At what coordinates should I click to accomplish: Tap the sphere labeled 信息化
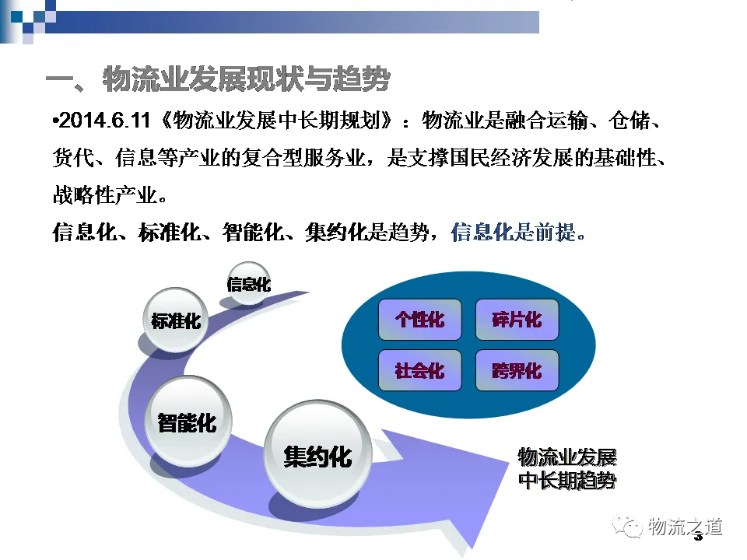point(249,284)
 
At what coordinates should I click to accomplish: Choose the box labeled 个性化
point(420,320)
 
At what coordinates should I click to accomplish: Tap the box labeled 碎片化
point(517,320)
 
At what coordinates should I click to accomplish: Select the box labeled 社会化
point(420,370)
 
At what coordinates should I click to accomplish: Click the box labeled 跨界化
point(517,370)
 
